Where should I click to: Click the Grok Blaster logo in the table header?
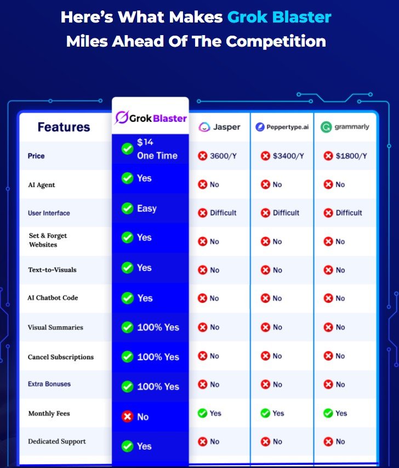pos(151,117)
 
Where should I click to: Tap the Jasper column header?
pos(219,127)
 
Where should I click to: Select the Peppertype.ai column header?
pos(282,127)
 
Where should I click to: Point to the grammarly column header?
pos(345,127)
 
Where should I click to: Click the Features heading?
pos(64,127)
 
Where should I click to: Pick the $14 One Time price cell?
pos(150,149)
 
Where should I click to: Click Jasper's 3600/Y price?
pos(218,156)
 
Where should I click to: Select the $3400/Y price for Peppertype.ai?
pos(282,156)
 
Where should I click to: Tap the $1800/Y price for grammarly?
pos(345,156)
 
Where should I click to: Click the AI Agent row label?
pos(42,185)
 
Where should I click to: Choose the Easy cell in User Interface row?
pos(139,208)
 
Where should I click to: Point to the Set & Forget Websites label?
pos(48,240)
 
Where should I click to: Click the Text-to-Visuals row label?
pos(52,270)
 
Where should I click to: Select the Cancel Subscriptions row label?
pos(60,357)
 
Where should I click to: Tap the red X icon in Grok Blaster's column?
pos(127,416)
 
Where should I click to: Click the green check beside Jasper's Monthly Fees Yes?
pos(202,413)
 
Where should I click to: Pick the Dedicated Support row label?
pos(56,442)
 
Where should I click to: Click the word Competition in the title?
pos(276,41)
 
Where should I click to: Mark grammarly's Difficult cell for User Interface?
pos(343,213)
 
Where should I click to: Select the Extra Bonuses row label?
pos(49,384)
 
